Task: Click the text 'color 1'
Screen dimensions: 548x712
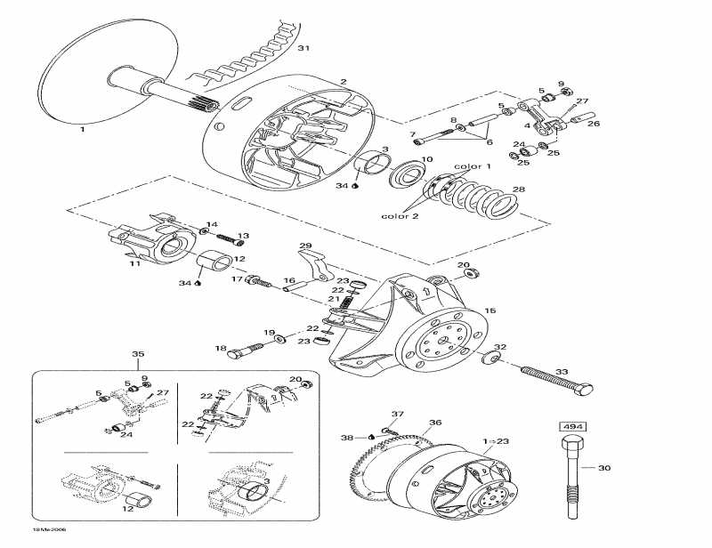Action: [472, 166]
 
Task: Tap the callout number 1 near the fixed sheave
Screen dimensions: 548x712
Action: [83, 129]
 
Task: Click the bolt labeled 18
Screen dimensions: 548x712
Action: [237, 351]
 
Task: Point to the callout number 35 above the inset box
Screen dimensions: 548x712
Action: [138, 354]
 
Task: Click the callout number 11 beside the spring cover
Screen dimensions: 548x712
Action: [134, 263]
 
